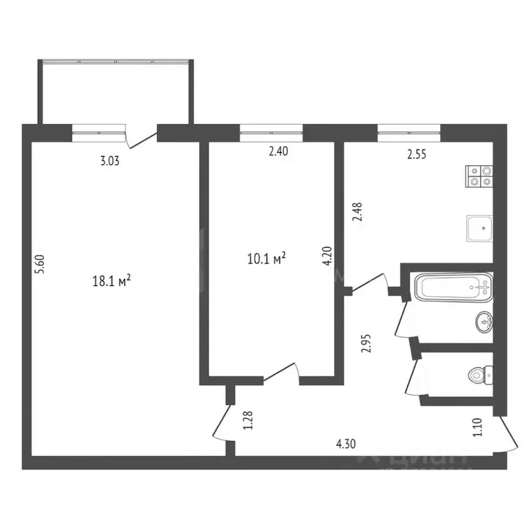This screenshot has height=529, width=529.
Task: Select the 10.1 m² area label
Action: [266, 258]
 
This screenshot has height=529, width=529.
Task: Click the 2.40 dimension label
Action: [278, 153]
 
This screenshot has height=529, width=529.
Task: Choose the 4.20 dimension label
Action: [329, 257]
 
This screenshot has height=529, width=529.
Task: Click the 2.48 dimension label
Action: [356, 209]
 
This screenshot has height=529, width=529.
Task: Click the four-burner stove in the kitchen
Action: [479, 176]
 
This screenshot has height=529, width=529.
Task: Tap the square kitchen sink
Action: [479, 227]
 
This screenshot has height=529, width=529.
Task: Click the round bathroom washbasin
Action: [484, 320]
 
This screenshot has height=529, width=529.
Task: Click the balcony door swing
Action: [143, 137]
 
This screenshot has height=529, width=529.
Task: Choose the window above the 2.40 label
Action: [271, 128]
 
